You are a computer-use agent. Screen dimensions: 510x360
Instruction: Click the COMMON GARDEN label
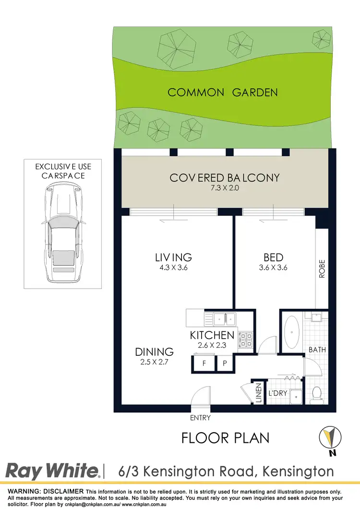point(223,92)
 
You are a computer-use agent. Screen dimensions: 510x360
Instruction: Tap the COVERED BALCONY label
point(224,178)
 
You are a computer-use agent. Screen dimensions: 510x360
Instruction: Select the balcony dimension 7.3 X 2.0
point(224,189)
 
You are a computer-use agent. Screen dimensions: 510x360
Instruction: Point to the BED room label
point(273,258)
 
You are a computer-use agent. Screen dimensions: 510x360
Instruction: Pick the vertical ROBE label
point(322,269)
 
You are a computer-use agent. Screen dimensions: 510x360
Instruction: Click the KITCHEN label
point(212,335)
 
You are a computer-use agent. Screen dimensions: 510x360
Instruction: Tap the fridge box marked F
point(204,364)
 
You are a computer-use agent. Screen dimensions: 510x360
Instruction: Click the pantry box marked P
point(225,364)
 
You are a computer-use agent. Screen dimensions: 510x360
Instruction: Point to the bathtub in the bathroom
point(292,332)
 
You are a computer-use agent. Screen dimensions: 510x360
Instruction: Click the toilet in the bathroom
point(316,394)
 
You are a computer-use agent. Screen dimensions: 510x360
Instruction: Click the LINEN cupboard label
point(258,393)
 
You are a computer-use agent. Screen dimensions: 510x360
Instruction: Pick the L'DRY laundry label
point(277,393)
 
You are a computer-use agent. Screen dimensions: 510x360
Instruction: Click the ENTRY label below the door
point(200,418)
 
